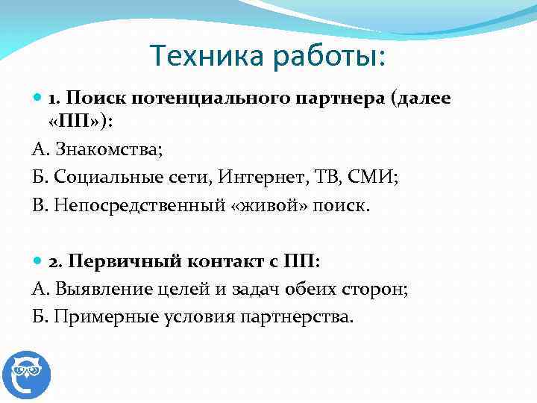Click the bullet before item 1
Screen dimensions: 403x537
(x=38, y=99)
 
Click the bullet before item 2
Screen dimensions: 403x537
(x=38, y=262)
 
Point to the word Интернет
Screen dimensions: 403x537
(x=253, y=177)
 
